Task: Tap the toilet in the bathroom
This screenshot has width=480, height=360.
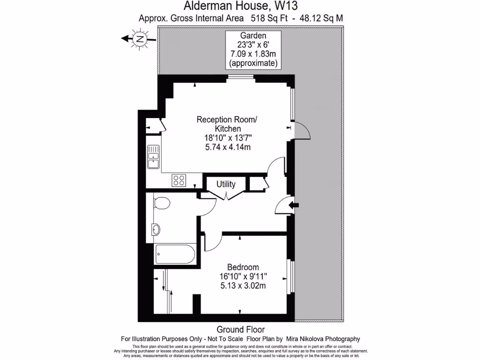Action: pos(161,204)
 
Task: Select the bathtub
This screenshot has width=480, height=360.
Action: pos(175,255)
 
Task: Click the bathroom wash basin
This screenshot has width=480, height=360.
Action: pos(156,229)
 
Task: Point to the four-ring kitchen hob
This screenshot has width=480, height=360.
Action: pos(179,180)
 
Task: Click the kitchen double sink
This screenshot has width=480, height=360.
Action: pos(153,156)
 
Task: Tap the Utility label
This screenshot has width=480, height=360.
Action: pos(226,185)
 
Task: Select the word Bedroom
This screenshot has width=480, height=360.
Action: pos(243,268)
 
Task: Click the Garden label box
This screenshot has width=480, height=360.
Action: pos(253,49)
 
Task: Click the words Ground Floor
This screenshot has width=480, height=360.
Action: pos(240,330)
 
